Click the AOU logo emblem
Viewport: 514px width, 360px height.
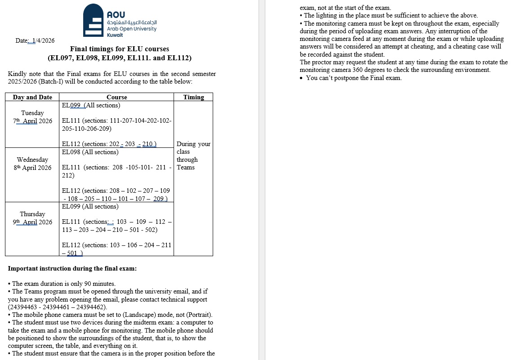[94, 20]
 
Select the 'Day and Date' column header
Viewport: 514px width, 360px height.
[32, 97]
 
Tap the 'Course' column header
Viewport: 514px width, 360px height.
[116, 97]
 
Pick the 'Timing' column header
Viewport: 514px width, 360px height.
[193, 97]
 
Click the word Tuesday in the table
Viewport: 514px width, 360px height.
[32, 113]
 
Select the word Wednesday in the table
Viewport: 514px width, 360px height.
[32, 160]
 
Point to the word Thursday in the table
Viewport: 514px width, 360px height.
[32, 214]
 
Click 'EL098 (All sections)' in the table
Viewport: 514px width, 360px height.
[90, 152]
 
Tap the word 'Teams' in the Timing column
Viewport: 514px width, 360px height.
[186, 167]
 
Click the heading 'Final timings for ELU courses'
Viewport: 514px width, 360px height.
[120, 49]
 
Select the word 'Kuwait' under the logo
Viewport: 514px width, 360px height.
[115, 35]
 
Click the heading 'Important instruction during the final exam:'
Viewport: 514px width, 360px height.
[72, 269]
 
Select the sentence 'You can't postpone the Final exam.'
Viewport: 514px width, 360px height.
[353, 78]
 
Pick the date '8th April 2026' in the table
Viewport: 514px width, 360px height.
[32, 168]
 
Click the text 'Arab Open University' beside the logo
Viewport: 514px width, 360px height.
[132, 29]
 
